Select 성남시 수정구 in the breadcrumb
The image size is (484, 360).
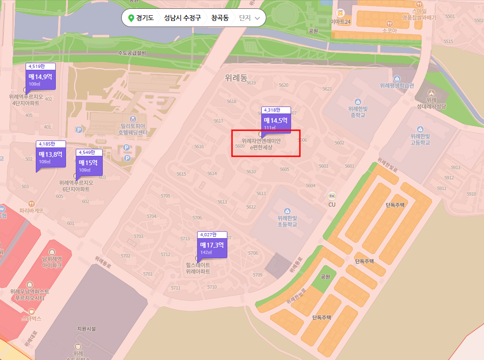182,18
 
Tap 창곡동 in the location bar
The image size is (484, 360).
220,18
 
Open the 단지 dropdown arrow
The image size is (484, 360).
257,19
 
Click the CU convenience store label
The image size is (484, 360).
332,204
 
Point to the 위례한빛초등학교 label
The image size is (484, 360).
287,221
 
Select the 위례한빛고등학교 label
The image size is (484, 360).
420,139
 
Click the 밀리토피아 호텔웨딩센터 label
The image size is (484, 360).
133,129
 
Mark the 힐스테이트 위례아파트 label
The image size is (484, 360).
198,268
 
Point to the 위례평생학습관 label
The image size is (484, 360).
397,86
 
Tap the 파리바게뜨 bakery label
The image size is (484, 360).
31,210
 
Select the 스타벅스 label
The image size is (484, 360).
31,319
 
